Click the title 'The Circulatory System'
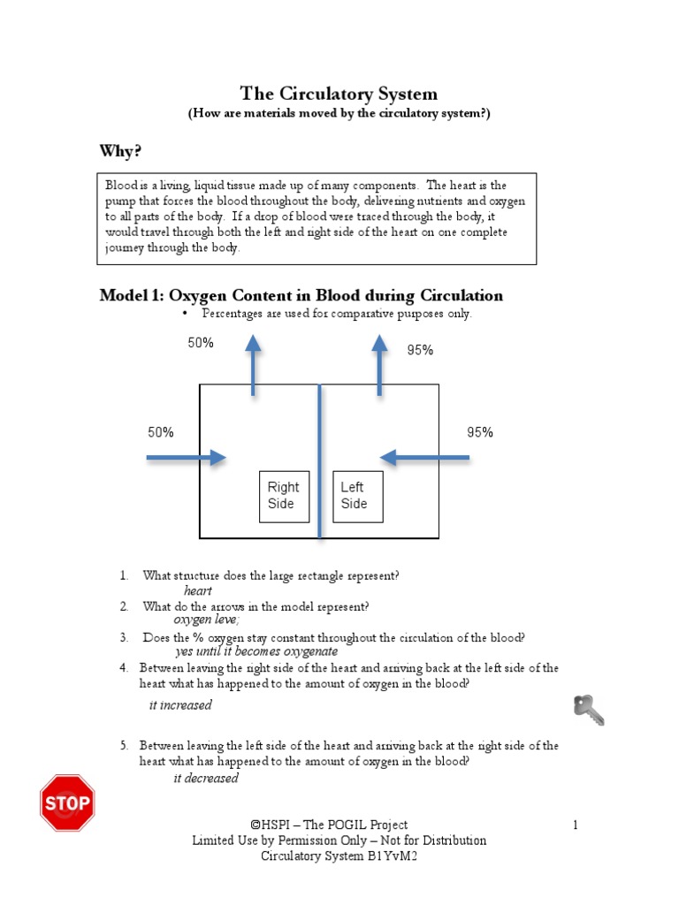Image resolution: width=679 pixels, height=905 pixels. click(x=339, y=94)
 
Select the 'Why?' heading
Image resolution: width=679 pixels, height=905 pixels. click(x=120, y=152)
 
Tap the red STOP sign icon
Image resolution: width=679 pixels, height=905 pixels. click(x=67, y=803)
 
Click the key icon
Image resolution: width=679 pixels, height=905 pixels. click(x=589, y=710)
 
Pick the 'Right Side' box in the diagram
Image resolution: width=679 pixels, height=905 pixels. click(x=284, y=496)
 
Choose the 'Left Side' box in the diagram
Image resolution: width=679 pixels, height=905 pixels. click(x=357, y=496)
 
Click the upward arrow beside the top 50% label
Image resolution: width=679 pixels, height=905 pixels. click(x=254, y=365)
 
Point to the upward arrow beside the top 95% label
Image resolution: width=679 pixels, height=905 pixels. click(x=380, y=365)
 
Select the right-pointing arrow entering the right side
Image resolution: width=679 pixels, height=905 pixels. click(x=187, y=457)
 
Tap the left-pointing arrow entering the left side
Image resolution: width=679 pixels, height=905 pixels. click(x=424, y=457)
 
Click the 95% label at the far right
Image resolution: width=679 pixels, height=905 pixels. click(x=480, y=432)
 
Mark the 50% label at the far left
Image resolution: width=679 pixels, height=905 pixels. click(x=160, y=432)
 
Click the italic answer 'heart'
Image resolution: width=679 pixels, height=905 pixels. click(x=198, y=590)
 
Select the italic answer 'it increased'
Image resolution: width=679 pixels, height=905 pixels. click(x=180, y=705)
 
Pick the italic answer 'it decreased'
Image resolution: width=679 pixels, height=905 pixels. click(x=206, y=779)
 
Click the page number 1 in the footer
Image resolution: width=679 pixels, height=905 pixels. click(x=575, y=825)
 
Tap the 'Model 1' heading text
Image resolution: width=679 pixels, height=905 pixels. click(x=301, y=296)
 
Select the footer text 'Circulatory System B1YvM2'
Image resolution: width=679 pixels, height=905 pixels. click(x=339, y=856)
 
